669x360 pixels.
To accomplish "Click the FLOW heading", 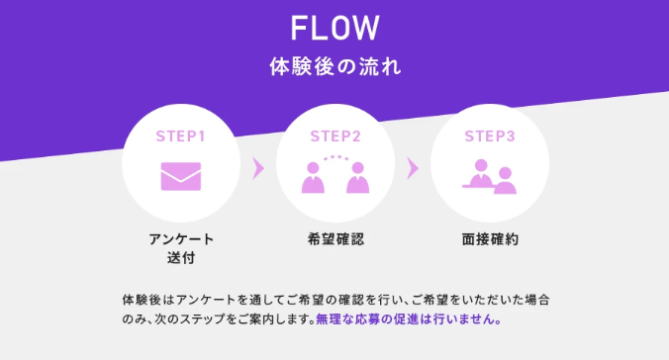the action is coord(334,28).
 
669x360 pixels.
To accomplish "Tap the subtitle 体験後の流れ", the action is coord(335,67).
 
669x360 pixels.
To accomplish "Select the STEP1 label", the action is coord(181,136).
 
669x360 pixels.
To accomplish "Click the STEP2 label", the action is coord(335,136).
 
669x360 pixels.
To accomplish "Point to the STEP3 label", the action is coord(490,136).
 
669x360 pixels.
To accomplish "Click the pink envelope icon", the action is coord(181,176).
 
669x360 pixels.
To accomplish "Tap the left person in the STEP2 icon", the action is coord(313,178).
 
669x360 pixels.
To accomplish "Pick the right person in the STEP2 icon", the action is coord(357,178).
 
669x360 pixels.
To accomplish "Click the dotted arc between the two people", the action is coord(335,157).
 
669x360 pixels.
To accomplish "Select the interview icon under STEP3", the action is coord(490,177).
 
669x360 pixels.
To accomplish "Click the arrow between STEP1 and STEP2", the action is coord(258,168).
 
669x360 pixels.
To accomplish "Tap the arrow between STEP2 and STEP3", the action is coord(413,168).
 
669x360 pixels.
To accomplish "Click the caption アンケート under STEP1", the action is coord(181,239).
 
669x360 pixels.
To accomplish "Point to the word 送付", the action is coord(181,257).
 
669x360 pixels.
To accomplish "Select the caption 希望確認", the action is coord(335,239).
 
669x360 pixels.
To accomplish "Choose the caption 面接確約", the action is coord(490,239).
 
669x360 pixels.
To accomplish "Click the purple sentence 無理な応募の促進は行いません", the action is coord(409,319).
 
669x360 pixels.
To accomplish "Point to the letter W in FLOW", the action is coord(365,28).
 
